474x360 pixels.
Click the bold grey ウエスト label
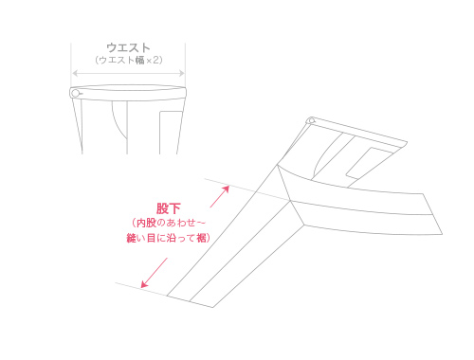129,46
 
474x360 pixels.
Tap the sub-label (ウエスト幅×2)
129,60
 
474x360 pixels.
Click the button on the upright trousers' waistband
76,93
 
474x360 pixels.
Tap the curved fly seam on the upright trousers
117,118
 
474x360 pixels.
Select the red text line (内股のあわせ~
169,223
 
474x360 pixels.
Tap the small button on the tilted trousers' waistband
311,121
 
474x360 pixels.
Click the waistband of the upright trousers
129,93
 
